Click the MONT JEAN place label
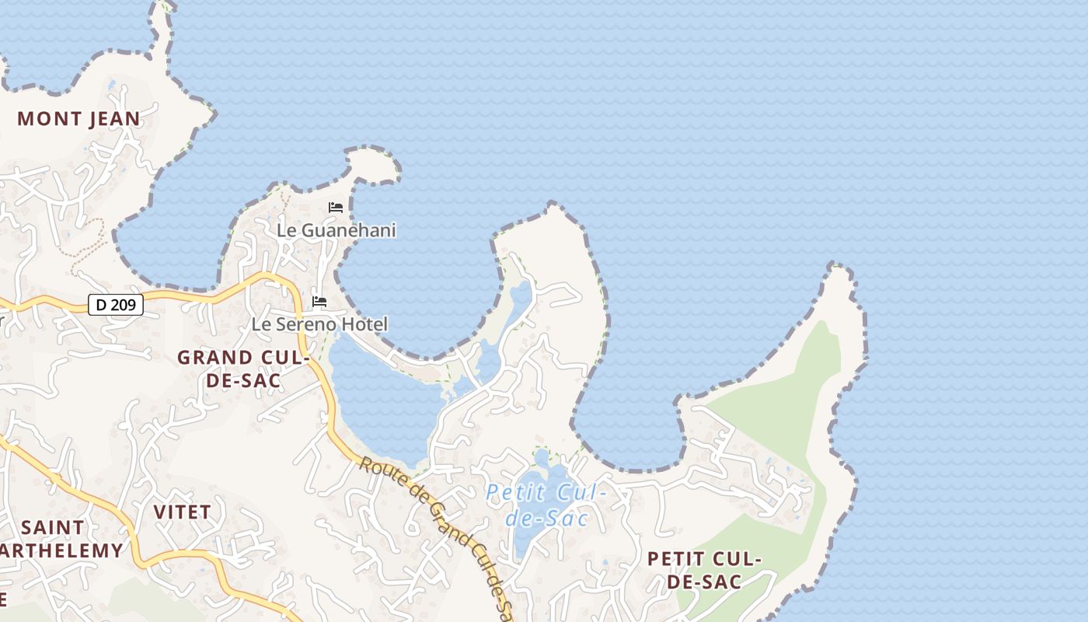[x=78, y=119]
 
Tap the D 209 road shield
[x=116, y=305]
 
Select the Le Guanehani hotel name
[x=337, y=230]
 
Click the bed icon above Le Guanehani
[x=336, y=208]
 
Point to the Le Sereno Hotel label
[x=319, y=324]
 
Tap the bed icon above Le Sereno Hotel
[x=319, y=302]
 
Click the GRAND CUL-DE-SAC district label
[x=243, y=369]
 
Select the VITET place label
[x=182, y=512]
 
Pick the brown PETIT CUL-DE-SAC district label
[x=704, y=570]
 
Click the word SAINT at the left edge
[x=52, y=527]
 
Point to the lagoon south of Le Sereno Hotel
[x=381, y=404]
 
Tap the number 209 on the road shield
[x=124, y=305]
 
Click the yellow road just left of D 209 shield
[x=70, y=306]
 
